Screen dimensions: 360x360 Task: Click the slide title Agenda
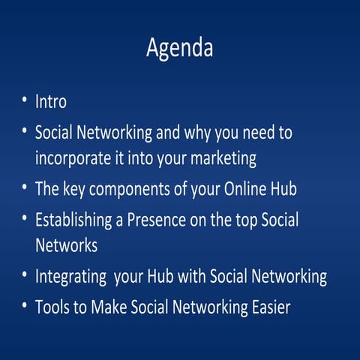(x=179, y=48)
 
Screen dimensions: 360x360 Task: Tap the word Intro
(x=51, y=101)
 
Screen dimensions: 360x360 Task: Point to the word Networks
(x=67, y=245)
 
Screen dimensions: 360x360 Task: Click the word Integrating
(x=70, y=276)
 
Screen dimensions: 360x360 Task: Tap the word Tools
(x=53, y=306)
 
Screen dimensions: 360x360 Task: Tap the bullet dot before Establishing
(x=25, y=219)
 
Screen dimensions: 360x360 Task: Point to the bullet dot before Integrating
(x=25, y=274)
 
